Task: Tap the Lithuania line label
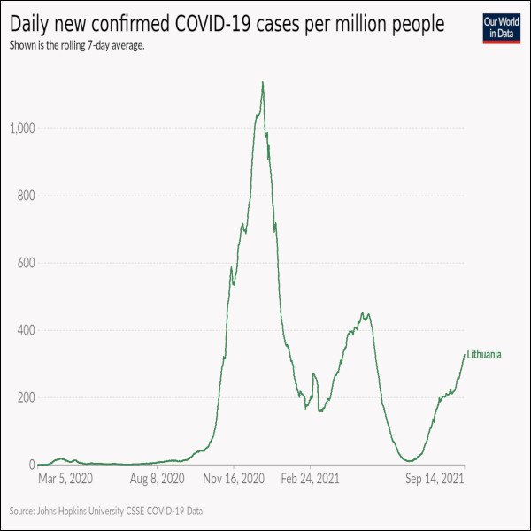[484, 355]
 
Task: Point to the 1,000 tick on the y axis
[21, 128]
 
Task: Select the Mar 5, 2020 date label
[65, 479]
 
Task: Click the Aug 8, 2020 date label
[158, 479]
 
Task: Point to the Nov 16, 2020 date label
[235, 479]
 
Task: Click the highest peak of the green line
[263, 82]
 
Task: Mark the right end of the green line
[465, 354]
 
